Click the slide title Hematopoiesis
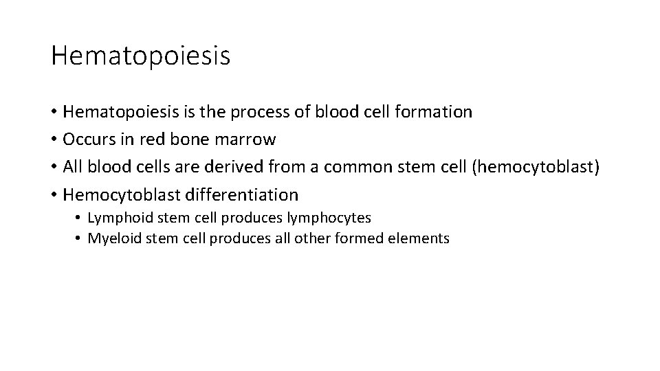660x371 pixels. [x=140, y=56]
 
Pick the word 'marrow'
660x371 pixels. [x=245, y=139]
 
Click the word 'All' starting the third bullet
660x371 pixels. [x=74, y=167]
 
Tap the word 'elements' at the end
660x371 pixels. [x=422, y=238]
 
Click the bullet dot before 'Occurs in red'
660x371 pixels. [x=54, y=140]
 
